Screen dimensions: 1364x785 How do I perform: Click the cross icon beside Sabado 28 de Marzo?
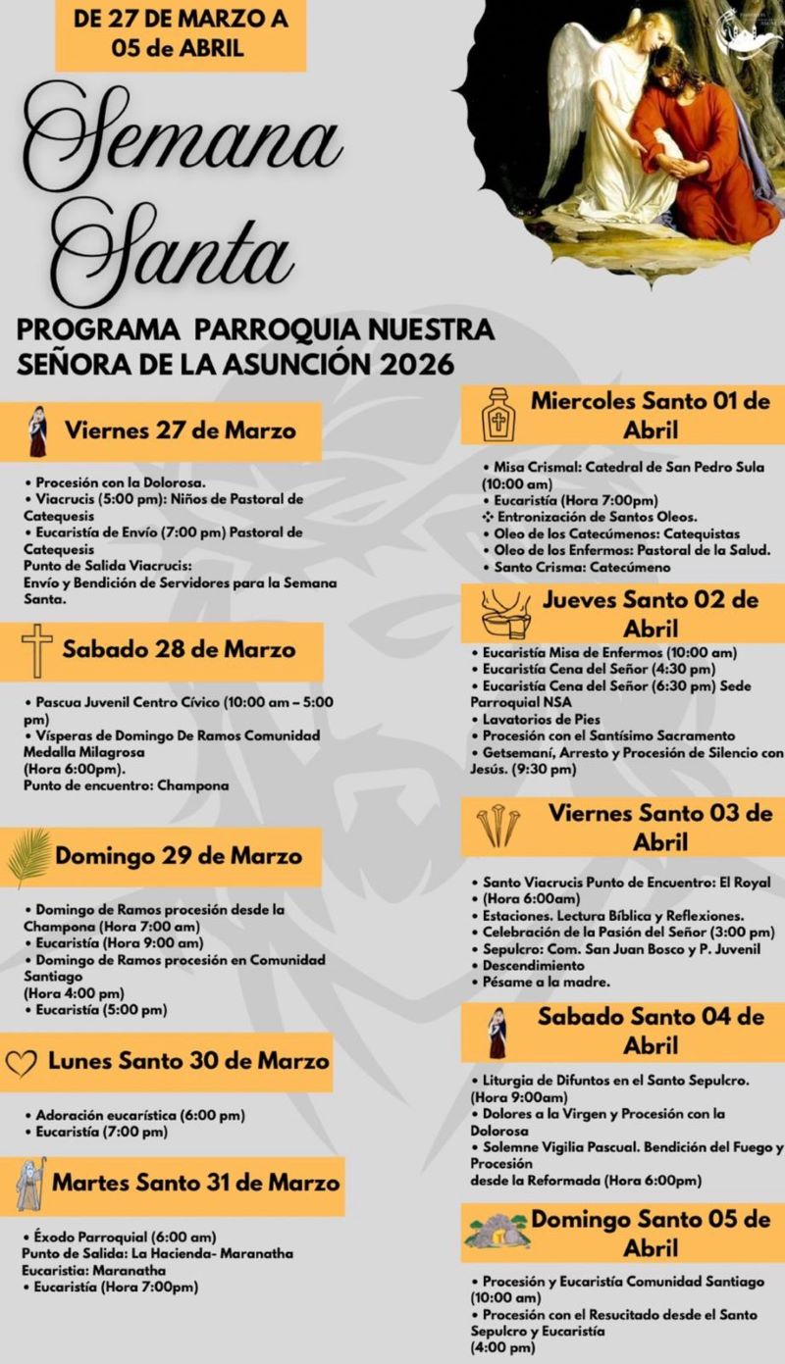(37, 650)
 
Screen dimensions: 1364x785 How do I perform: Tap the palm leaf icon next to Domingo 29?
(28, 857)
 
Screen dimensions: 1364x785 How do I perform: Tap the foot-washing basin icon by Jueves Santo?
(504, 615)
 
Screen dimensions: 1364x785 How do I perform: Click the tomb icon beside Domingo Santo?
(497, 1232)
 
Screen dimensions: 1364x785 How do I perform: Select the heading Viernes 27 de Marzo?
(181, 430)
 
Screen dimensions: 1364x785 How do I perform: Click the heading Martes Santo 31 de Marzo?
(196, 1182)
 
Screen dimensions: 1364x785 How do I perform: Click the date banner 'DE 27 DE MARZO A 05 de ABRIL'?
(181, 32)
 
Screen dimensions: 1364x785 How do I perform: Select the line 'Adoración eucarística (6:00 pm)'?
(140, 1115)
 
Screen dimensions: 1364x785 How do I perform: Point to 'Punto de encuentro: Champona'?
(127, 785)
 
